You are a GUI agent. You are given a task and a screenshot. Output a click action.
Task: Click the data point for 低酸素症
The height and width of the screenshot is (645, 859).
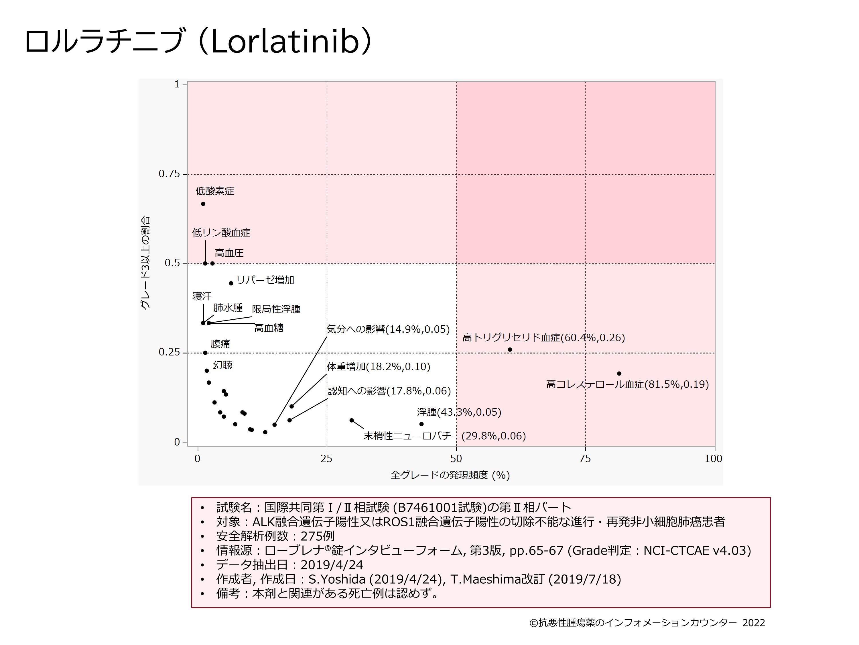pyautogui.click(x=203, y=204)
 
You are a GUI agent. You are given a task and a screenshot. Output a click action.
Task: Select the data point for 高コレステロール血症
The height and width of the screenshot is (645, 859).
pyautogui.click(x=619, y=374)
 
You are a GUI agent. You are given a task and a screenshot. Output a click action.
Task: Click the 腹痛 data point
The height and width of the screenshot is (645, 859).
pyautogui.click(x=205, y=353)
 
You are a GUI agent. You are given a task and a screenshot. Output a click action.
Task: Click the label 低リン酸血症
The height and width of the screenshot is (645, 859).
pyautogui.click(x=221, y=233)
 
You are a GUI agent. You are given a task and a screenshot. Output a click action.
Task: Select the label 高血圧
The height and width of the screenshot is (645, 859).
pyautogui.click(x=229, y=253)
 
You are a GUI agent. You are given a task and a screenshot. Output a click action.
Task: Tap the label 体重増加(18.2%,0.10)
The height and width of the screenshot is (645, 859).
pyautogui.click(x=379, y=367)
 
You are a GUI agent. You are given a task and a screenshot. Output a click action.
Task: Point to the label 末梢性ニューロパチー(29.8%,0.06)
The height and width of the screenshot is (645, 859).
pyautogui.click(x=445, y=436)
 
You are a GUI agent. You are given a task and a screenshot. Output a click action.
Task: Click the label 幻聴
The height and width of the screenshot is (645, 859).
pyautogui.click(x=223, y=365)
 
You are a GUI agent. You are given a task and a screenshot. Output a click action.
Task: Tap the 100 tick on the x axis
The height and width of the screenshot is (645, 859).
pyautogui.click(x=713, y=459)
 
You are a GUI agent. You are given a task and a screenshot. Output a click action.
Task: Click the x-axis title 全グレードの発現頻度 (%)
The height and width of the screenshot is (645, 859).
pyautogui.click(x=450, y=475)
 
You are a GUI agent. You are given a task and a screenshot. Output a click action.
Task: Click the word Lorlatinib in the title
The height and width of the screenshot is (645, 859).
pyautogui.click(x=285, y=41)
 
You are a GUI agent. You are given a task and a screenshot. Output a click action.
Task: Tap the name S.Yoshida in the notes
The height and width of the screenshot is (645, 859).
pyautogui.click(x=337, y=579)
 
